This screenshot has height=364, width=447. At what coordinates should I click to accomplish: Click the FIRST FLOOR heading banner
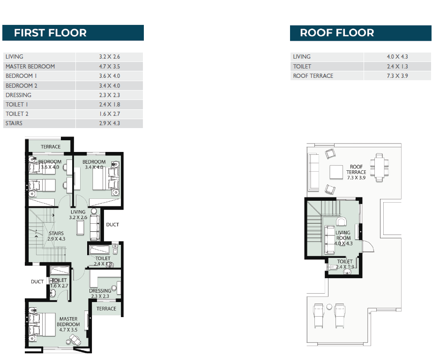pos(73,33)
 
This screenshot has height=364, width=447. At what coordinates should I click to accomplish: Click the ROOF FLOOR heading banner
pos(361,33)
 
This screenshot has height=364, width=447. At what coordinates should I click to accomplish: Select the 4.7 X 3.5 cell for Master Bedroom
pos(110,67)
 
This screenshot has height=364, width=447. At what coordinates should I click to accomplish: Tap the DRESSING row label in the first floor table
pos(19,95)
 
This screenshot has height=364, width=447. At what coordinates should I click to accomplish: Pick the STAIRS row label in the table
pos(14,123)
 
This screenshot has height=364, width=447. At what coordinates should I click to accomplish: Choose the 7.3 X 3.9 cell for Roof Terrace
pos(397,76)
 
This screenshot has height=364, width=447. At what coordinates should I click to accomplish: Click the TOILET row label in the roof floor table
pos(302,67)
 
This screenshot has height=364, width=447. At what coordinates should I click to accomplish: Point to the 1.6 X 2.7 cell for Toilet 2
pos(110,114)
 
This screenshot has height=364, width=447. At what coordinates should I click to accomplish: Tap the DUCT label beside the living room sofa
pos(112,225)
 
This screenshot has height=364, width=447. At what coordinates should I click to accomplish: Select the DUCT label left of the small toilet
pos(37,281)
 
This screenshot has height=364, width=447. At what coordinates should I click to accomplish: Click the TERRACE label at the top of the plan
pos(51,147)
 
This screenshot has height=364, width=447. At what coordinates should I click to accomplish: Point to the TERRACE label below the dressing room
pos(106,309)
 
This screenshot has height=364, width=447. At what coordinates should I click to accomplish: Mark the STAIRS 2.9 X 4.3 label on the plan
pos(56,236)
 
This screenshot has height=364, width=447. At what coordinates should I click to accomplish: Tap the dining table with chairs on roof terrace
pos(380,167)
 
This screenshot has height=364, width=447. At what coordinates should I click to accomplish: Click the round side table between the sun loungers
pos(329,307)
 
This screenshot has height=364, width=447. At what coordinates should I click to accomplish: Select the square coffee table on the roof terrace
pos(336,172)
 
